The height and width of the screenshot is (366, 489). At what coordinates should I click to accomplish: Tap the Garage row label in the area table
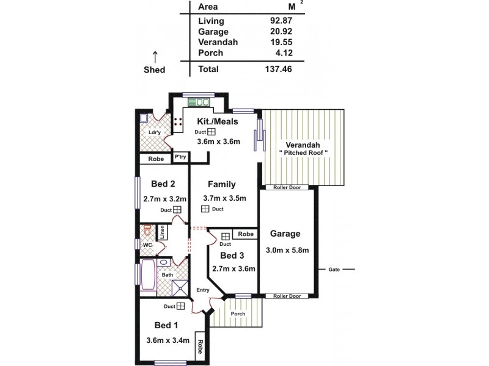point(213,31)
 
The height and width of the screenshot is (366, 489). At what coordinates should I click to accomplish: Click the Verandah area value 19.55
point(279,42)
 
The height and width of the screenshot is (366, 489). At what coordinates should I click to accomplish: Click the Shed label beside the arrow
point(155,70)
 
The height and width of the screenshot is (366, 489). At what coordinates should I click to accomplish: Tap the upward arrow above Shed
point(155,57)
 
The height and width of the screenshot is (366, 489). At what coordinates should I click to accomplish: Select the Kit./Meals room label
point(218,121)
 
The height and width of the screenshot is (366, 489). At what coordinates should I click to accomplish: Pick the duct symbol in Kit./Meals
point(210,132)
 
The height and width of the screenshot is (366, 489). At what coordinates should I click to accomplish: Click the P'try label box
point(180,157)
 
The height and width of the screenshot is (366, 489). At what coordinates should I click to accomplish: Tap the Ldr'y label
point(155,132)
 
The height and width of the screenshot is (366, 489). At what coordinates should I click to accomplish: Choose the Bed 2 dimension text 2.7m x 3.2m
point(164,199)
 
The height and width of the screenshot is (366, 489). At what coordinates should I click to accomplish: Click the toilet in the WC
point(147,231)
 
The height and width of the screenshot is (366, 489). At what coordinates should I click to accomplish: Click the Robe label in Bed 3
point(246,234)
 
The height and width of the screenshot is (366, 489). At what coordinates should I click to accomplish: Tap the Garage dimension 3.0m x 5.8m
point(287,250)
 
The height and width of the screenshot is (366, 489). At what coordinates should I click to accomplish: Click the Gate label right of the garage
point(334,269)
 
